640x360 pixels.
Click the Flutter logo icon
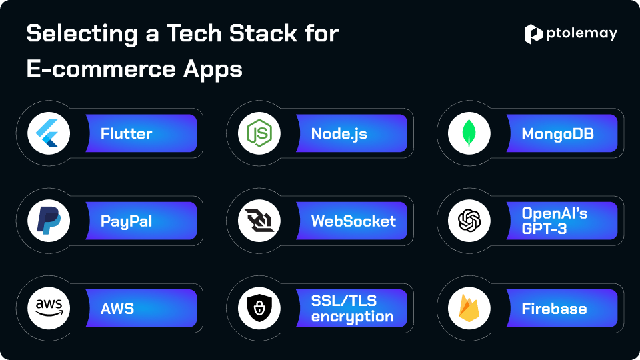pyautogui.click(x=47, y=133)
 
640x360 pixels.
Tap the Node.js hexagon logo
pyautogui.click(x=259, y=133)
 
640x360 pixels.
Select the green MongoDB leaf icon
pyautogui.click(x=469, y=133)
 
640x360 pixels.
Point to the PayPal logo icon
pyautogui.click(x=49, y=221)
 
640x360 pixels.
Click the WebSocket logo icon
pyautogui.click(x=259, y=221)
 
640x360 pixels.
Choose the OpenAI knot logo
pyautogui.click(x=469, y=221)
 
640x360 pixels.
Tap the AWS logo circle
pyautogui.click(x=49, y=308)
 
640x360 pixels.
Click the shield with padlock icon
pyautogui.click(x=259, y=308)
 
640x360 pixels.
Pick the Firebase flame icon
pyautogui.click(x=469, y=308)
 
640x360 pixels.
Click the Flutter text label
pyautogui.click(x=126, y=133)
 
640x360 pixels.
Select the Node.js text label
pyautogui.click(x=339, y=134)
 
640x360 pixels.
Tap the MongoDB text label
pyautogui.click(x=557, y=134)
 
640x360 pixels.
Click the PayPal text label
pyautogui.click(x=126, y=221)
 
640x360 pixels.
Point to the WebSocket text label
pyautogui.click(x=353, y=221)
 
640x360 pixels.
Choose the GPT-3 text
pyautogui.click(x=544, y=229)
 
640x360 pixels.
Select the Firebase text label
pyautogui.click(x=554, y=309)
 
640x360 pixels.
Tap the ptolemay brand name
pyautogui.click(x=581, y=33)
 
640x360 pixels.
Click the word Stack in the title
pyautogui.click(x=263, y=33)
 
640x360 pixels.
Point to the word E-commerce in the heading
pyautogui.click(x=101, y=69)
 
